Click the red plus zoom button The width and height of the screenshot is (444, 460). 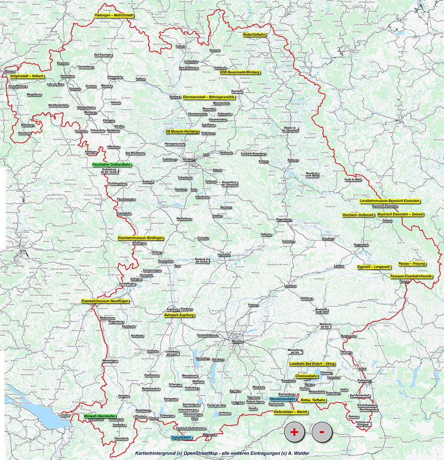(294, 431)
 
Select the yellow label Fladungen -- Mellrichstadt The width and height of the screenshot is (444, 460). (114, 16)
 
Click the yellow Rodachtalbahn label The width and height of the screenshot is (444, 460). (254, 35)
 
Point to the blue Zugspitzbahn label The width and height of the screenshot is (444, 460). (181, 437)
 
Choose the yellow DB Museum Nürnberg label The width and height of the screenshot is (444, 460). (182, 132)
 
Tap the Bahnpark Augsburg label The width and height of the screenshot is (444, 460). (179, 315)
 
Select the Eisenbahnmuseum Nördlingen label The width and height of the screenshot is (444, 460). (141, 238)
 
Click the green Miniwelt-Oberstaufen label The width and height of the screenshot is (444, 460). (99, 416)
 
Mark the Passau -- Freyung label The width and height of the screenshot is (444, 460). (412, 264)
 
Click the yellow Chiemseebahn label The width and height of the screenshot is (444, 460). (306, 376)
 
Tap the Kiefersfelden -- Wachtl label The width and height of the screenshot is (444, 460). (290, 412)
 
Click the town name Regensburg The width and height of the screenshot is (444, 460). (283, 219)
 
